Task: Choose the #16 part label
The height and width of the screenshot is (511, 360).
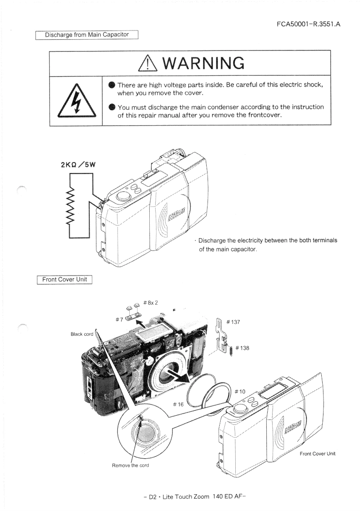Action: pyautogui.click(x=180, y=404)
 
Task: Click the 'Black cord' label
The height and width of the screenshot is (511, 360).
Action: pyautogui.click(x=82, y=334)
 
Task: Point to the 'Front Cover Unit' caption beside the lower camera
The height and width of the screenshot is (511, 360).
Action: pyautogui.click(x=317, y=454)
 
